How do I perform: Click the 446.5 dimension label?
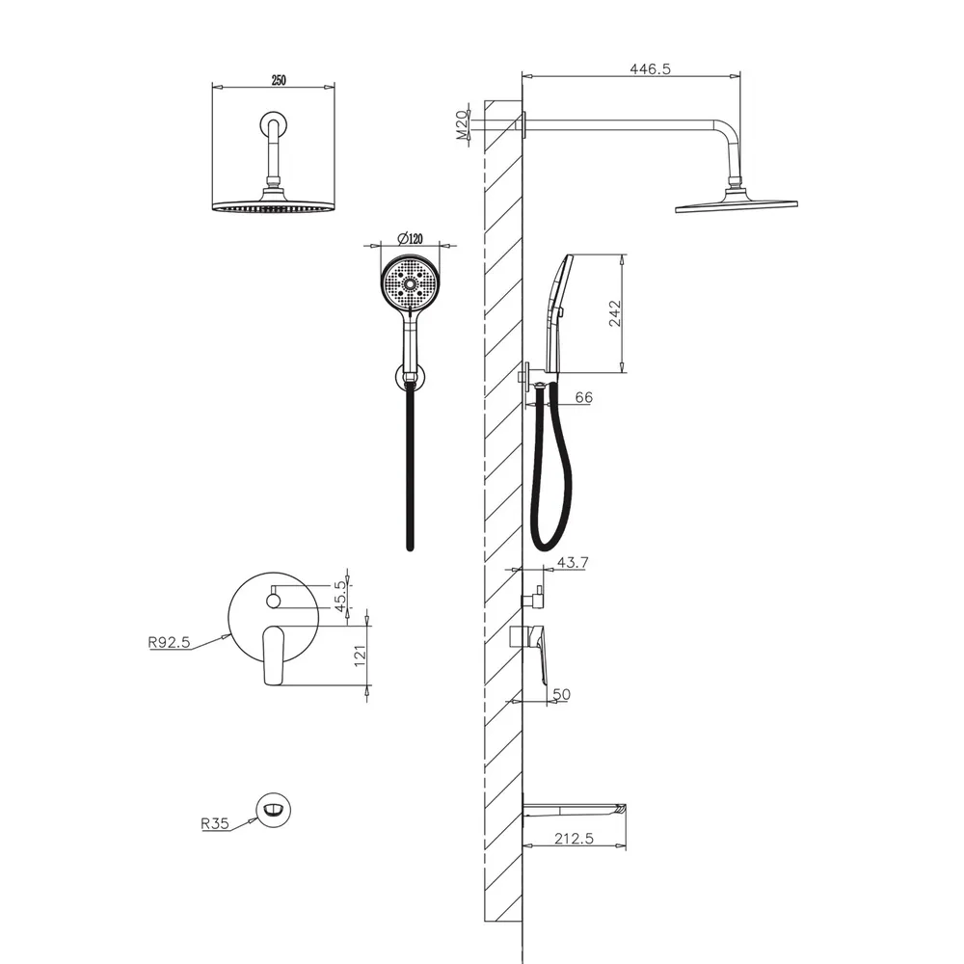coord(650,68)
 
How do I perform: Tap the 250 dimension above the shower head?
coord(279,80)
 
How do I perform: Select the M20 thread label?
coord(463,124)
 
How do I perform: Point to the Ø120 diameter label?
coord(410,238)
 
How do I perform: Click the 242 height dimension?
coord(614,313)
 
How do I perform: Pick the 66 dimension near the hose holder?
coord(583,398)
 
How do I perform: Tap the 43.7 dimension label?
coord(573,563)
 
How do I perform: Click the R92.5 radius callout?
coord(169,642)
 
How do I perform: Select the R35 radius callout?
coord(215,823)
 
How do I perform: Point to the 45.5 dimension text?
coord(341,597)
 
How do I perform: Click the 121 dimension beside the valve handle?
coord(361,656)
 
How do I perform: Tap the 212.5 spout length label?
coord(574,839)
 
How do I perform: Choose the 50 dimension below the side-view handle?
coord(561,694)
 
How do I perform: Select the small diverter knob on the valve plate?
coord(274,600)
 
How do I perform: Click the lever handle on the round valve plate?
coord(273,656)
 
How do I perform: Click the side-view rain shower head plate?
coord(736,205)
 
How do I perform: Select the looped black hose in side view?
coord(550,468)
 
